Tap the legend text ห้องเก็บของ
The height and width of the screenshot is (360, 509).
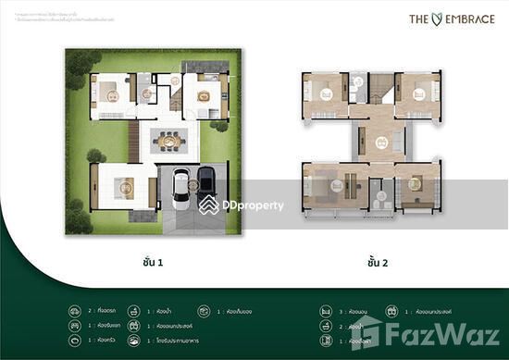[245, 312]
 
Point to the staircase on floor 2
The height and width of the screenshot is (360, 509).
[379, 93]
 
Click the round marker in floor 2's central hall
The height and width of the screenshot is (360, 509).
[379, 143]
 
